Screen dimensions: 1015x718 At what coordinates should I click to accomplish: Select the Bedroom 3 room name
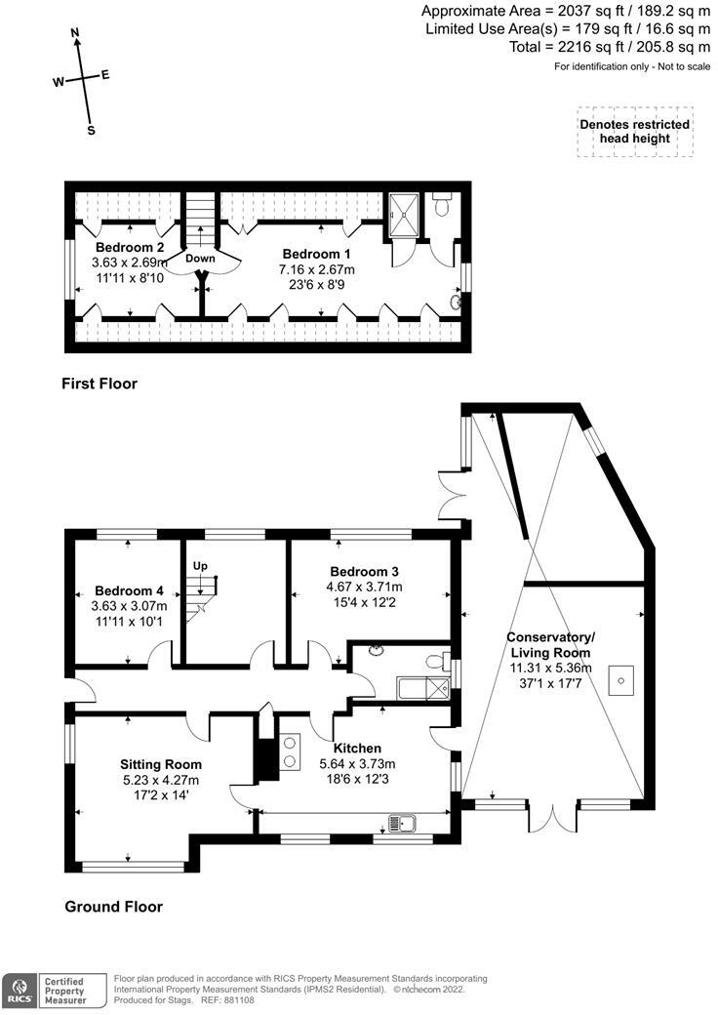click(x=365, y=571)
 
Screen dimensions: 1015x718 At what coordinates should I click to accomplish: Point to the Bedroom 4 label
click(x=130, y=590)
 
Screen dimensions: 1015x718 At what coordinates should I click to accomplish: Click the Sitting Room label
click(x=161, y=764)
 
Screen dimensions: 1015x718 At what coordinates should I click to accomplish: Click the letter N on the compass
click(x=75, y=32)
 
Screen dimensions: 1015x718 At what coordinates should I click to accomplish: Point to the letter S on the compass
click(x=91, y=130)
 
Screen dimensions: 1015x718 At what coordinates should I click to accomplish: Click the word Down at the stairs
click(x=200, y=259)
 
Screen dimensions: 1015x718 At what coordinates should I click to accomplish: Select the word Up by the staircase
click(x=200, y=566)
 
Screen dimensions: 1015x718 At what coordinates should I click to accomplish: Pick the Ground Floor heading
click(x=113, y=907)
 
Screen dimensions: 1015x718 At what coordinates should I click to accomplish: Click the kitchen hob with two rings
click(x=290, y=751)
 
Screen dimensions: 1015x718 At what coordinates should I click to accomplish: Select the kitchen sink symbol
click(x=402, y=823)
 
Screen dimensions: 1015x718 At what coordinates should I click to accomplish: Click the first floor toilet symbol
click(x=442, y=206)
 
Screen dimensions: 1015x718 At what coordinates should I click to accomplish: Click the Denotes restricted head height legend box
click(x=634, y=132)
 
